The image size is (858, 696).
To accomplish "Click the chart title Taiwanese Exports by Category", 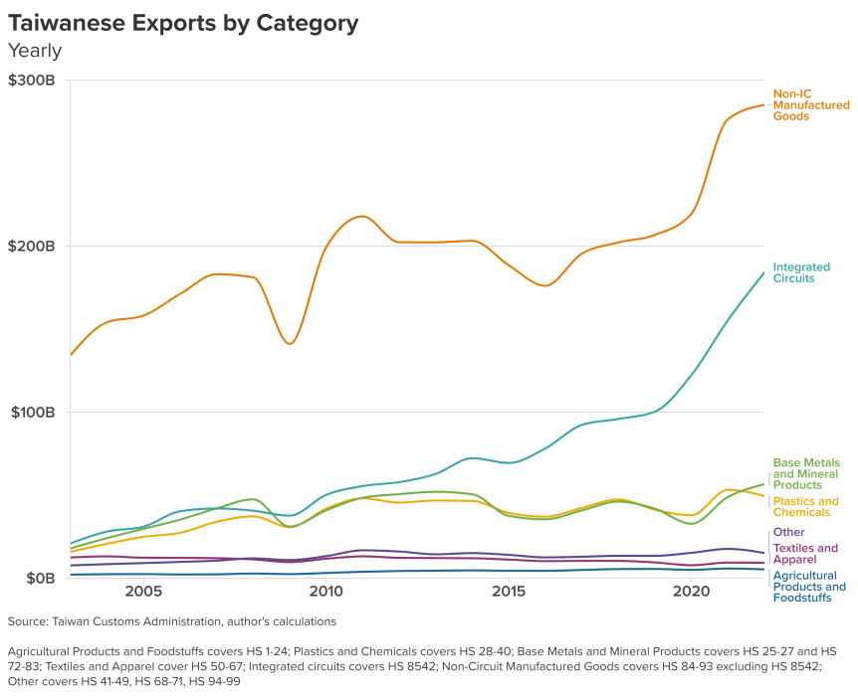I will (x=183, y=23).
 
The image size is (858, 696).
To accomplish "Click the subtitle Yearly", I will (x=35, y=51).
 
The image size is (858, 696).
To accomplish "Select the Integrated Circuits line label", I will (x=794, y=272).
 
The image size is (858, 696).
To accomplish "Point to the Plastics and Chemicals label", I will (x=805, y=507).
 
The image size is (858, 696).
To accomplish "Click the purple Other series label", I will (x=788, y=533).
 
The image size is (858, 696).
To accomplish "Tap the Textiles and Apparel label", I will (x=804, y=554).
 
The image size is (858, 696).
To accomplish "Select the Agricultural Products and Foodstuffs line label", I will (x=808, y=587).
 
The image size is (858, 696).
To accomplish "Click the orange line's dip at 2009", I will (x=290, y=344).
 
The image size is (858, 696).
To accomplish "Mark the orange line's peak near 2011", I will (x=361, y=216).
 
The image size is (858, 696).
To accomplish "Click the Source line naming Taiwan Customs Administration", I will (x=171, y=621).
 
